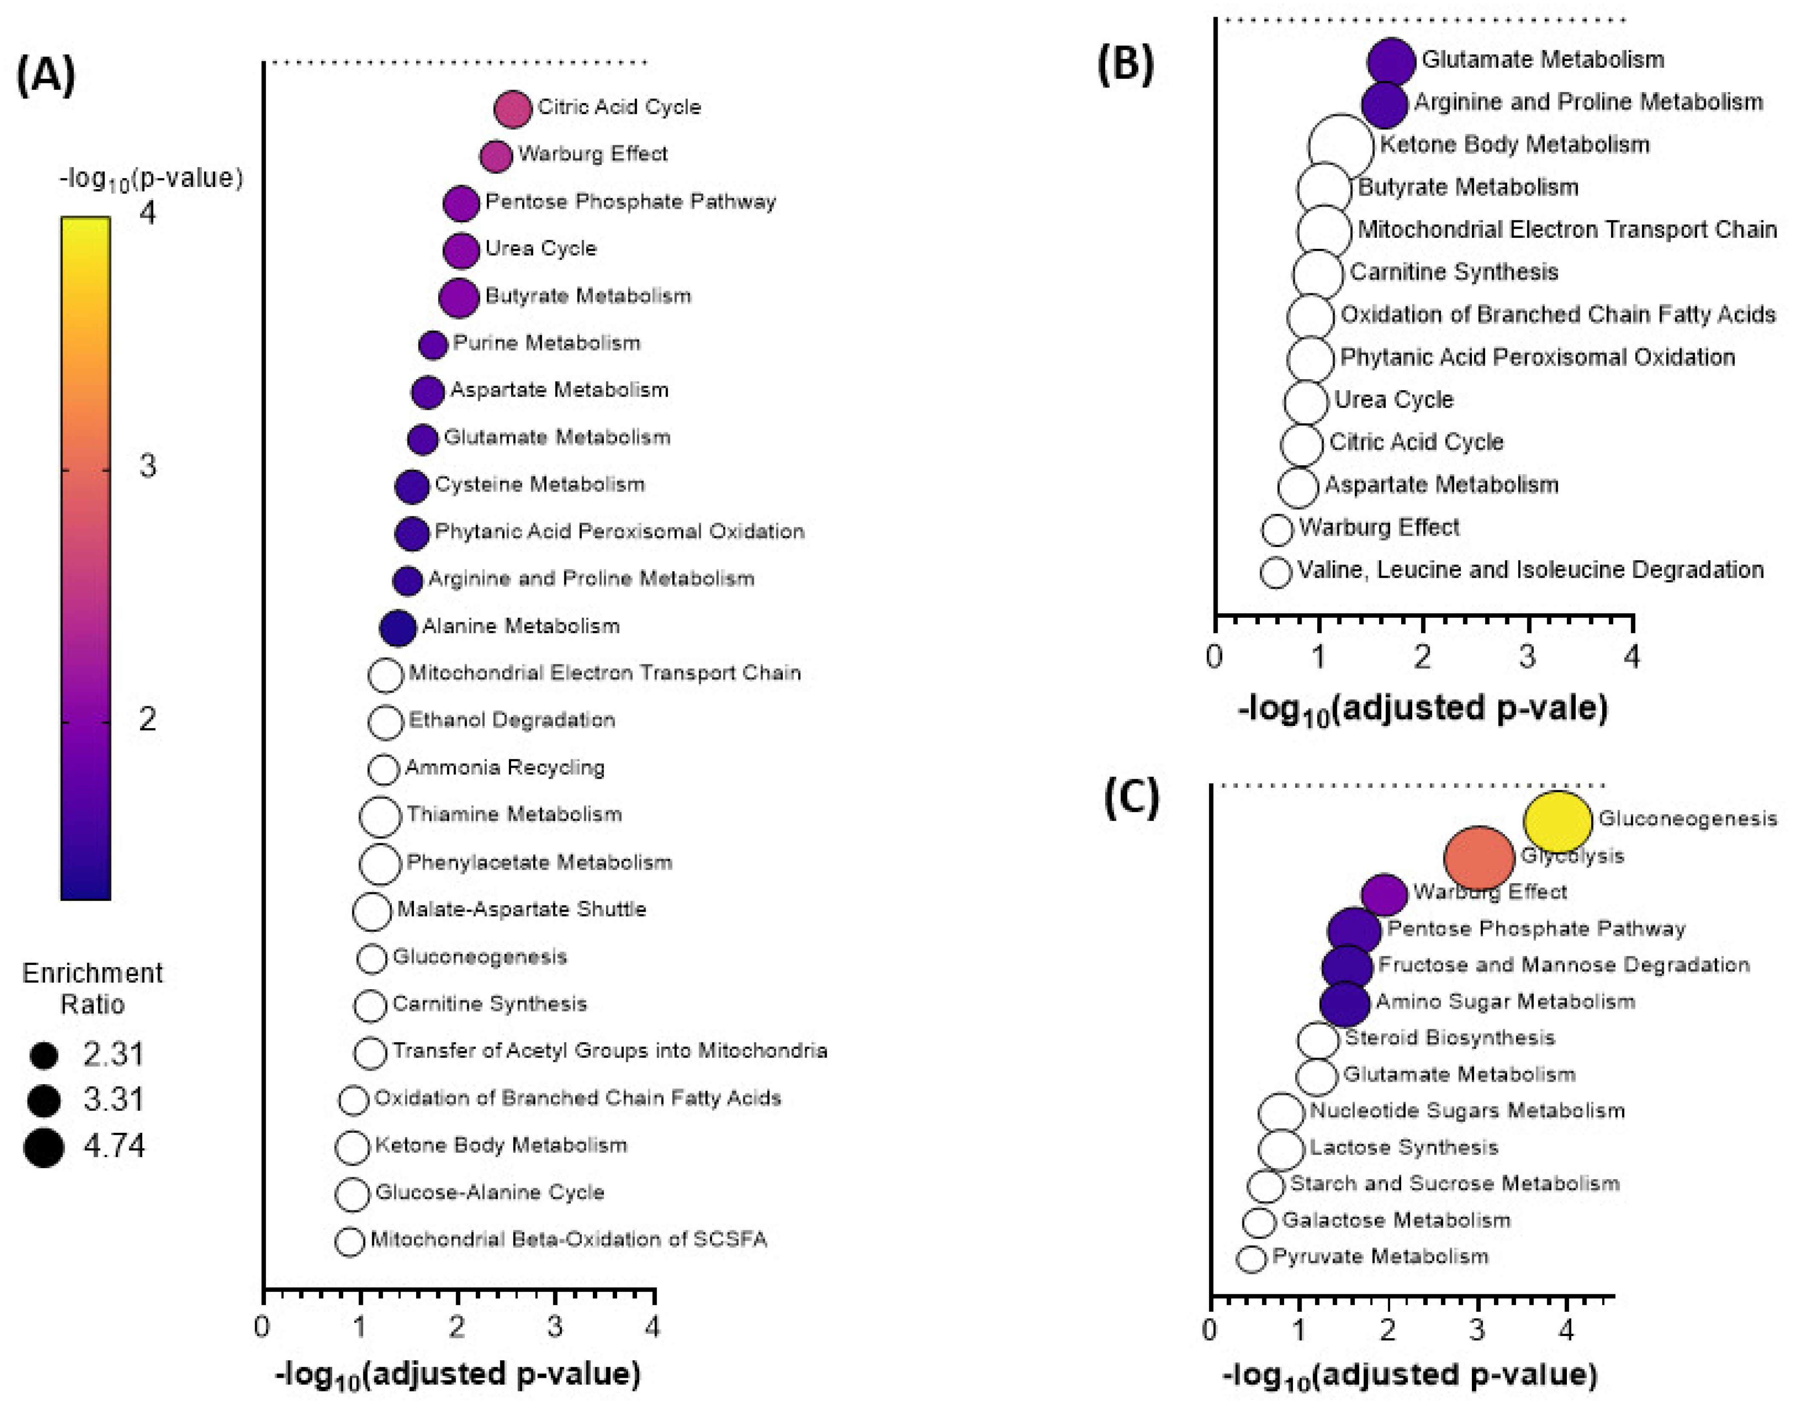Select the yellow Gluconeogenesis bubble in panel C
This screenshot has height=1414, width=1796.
tap(1557, 821)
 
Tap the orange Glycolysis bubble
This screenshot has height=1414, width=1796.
tap(1479, 858)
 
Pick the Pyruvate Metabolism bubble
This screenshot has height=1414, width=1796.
tap(1251, 1259)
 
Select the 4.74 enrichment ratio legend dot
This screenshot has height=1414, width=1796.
tap(44, 1147)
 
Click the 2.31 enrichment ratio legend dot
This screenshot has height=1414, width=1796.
tap(44, 1056)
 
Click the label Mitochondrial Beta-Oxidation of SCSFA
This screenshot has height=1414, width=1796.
tap(569, 1239)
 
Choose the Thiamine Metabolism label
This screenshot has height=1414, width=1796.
tap(514, 815)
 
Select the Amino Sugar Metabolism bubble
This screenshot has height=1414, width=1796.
tap(1345, 1003)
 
